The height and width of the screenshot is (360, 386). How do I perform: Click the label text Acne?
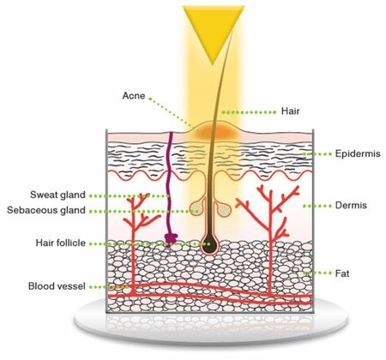coord(134,96)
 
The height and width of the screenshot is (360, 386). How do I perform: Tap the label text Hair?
coord(290,111)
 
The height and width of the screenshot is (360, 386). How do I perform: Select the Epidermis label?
coord(358,154)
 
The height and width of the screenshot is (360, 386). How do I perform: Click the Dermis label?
coord(351,206)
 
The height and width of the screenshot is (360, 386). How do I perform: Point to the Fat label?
coord(342,273)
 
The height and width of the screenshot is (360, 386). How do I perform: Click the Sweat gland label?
coord(57,195)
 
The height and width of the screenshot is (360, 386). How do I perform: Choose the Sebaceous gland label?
coord(46,210)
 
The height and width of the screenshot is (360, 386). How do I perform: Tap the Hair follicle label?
coord(61,243)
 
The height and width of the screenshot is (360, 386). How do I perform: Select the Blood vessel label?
coord(57,286)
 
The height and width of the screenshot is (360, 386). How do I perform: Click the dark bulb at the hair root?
coord(209,245)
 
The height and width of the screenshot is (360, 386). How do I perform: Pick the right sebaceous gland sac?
coord(224,209)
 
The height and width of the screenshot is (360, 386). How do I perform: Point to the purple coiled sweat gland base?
coord(171,238)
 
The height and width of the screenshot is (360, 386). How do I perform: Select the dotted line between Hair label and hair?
coord(250,112)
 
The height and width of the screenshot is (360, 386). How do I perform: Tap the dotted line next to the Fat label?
coord(317,273)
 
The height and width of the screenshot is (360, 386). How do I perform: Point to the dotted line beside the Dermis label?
coord(317,206)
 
